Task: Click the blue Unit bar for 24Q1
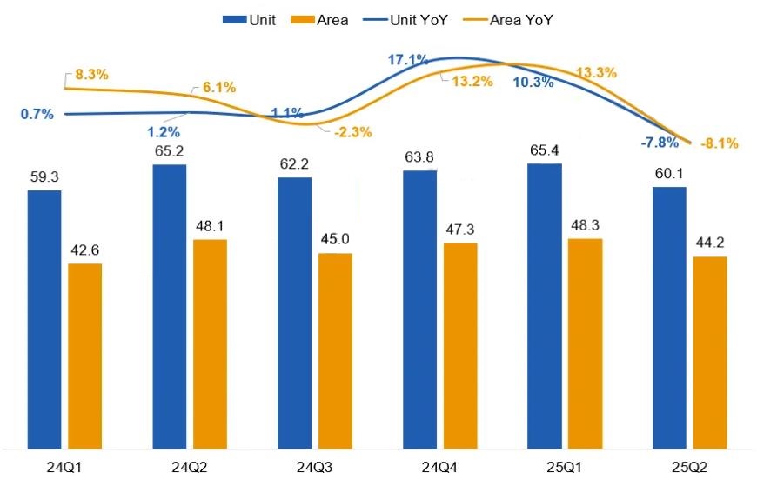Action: (x=44, y=317)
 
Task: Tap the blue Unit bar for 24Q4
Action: (x=419, y=309)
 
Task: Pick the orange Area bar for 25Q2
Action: (x=709, y=351)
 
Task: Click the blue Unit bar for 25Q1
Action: (x=545, y=304)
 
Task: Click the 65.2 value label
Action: (x=170, y=150)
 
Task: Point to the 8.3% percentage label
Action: (x=91, y=75)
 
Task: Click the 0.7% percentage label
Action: (x=37, y=114)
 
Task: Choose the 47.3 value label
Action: (x=461, y=229)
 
